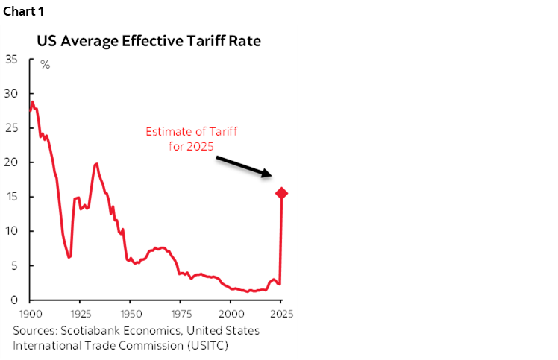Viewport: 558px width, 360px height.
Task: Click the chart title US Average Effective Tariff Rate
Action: (148, 41)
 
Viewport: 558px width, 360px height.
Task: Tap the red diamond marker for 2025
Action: (282, 193)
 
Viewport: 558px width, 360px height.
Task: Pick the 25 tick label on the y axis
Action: (12, 128)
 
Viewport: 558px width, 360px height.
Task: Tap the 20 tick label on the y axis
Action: (12, 162)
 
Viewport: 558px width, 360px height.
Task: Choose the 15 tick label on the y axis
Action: (12, 197)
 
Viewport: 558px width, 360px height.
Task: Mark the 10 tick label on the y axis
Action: (12, 231)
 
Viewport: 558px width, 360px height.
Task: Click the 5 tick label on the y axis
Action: (16, 265)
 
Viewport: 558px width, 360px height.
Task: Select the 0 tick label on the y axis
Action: (16, 300)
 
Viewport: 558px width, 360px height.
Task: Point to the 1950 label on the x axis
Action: (131, 314)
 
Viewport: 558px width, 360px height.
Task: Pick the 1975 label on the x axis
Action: (181, 314)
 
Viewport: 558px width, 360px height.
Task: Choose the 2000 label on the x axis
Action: (231, 314)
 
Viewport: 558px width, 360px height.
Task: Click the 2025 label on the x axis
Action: (281, 314)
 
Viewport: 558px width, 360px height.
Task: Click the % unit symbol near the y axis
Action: (45, 65)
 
